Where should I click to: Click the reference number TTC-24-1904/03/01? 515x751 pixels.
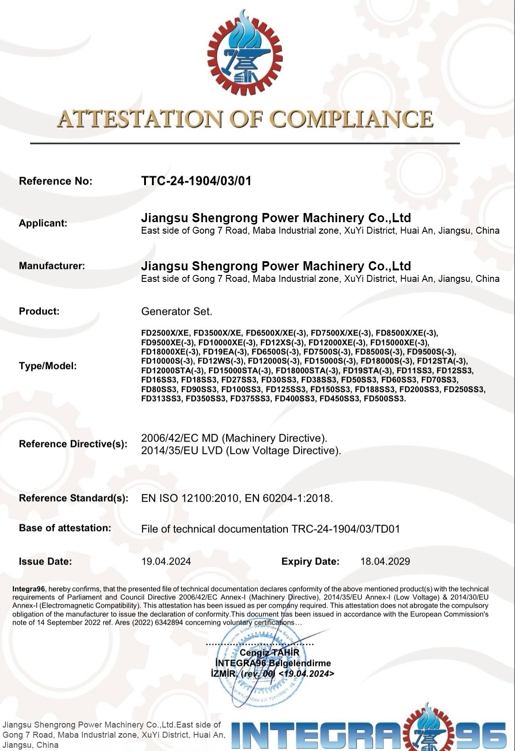(x=196, y=181)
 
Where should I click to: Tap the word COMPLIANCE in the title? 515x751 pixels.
(x=351, y=119)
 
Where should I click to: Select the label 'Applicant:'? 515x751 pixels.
(x=43, y=224)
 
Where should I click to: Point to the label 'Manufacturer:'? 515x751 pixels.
(x=52, y=266)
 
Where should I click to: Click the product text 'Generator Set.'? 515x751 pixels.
(x=177, y=312)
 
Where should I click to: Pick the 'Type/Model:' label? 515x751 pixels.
(x=48, y=366)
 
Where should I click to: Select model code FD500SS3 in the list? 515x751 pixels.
(x=385, y=398)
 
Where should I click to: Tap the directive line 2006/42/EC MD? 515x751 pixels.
(x=234, y=438)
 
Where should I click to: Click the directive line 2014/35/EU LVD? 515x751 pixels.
(x=241, y=451)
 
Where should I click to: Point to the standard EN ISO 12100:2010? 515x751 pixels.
(x=190, y=498)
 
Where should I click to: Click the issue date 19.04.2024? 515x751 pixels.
(x=166, y=561)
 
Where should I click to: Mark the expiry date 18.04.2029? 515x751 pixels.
(x=385, y=561)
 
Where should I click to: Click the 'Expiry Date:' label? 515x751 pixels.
(x=310, y=561)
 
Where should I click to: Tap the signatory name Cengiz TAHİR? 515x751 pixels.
(x=269, y=653)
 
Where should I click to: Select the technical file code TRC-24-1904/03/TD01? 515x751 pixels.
(x=346, y=529)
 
